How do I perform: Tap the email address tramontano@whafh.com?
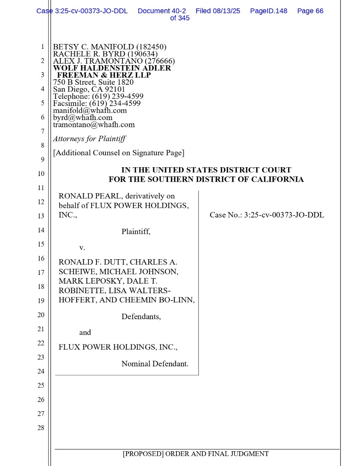pos(94,125)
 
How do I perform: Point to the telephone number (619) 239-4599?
pos(118,96)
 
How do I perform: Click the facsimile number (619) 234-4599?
pos(115,103)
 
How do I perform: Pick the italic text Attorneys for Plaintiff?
pos(89,139)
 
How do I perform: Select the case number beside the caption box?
pos(267,215)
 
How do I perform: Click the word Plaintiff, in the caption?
pos(136,231)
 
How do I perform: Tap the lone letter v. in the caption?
pos(82,248)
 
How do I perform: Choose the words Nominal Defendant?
pos(155,364)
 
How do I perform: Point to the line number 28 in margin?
pos(41,428)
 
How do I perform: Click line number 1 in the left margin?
pos(42,47)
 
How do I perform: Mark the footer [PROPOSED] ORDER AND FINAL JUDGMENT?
pos(196,454)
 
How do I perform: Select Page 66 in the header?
pos(310,11)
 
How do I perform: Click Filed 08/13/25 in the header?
pos(218,11)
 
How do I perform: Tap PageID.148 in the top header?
pos(268,11)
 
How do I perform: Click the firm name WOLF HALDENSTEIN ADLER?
pos(112,68)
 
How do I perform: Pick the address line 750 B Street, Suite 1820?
pos(93,82)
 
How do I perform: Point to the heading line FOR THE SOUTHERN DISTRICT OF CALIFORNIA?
pos(206,180)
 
